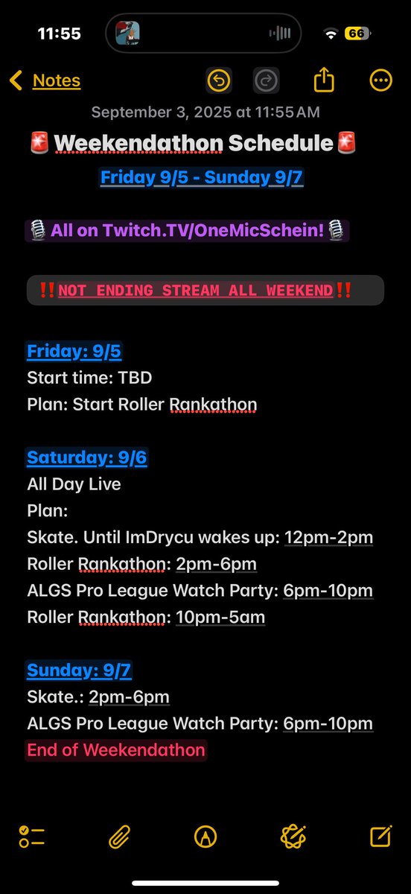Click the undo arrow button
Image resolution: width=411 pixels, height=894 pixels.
[x=219, y=80]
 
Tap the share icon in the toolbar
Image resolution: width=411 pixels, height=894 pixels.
[x=324, y=80]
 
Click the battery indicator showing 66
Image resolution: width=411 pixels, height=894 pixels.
[x=357, y=34]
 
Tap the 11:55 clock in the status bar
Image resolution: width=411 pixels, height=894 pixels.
[x=59, y=34]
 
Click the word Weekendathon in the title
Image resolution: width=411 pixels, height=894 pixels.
[x=138, y=143]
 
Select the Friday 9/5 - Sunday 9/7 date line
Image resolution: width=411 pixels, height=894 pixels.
[x=201, y=177]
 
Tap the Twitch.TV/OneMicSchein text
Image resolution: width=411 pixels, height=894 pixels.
[x=213, y=230]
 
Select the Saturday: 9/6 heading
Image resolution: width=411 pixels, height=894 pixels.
[x=87, y=457]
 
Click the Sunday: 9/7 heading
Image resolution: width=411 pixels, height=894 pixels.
[x=79, y=670]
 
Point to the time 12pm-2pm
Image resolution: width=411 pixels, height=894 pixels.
[x=328, y=537]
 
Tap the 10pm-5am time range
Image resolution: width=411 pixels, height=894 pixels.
[x=220, y=617]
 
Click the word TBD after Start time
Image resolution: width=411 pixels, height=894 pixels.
[x=135, y=378]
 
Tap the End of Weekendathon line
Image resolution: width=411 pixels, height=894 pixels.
[x=116, y=750]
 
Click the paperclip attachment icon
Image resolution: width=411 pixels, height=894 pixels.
[x=119, y=836]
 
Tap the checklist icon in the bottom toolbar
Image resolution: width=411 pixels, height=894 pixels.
[x=31, y=836]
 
